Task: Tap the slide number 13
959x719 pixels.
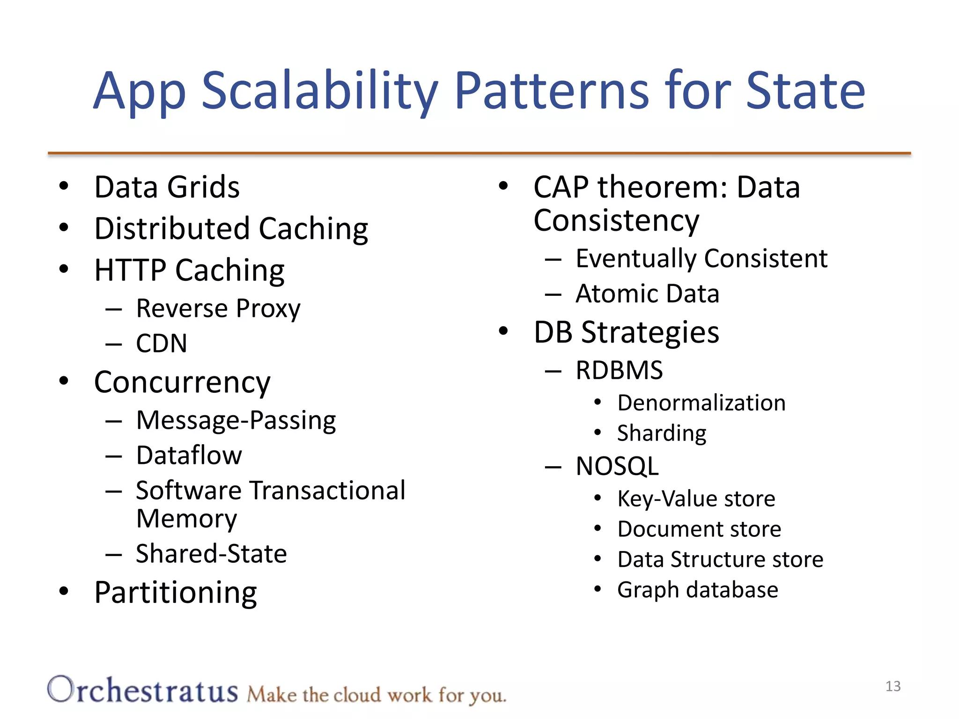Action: tap(893, 686)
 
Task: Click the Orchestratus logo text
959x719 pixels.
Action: tap(143, 691)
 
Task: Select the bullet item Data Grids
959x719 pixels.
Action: tap(167, 187)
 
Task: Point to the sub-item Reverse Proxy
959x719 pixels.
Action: tap(218, 309)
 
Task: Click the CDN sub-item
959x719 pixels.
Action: tap(162, 344)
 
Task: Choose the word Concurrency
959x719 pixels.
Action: tap(182, 383)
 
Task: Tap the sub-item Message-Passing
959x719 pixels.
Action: tap(236, 420)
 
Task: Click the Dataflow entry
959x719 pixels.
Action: tap(189, 455)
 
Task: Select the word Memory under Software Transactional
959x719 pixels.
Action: tap(186, 519)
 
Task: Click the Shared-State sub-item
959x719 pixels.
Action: tap(211, 554)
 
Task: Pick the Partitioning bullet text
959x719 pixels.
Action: tap(176, 593)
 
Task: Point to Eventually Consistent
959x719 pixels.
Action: tap(701, 258)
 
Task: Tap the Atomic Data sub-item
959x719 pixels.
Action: tap(647, 294)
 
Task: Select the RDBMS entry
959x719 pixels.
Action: tap(619, 370)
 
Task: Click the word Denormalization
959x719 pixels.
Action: tap(701, 403)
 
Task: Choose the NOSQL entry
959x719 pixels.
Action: tap(617, 466)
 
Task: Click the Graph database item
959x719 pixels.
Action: tap(697, 590)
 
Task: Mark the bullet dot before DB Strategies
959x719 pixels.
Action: tap(503, 331)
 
